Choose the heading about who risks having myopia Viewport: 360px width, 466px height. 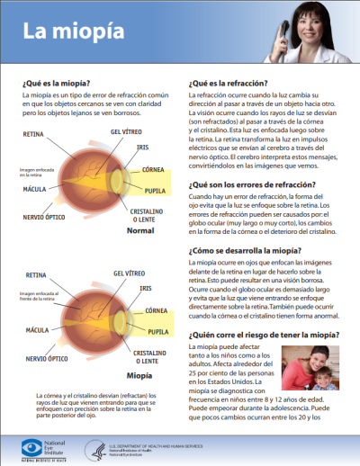(x=260, y=332)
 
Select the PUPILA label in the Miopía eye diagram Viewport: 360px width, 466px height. (x=154, y=331)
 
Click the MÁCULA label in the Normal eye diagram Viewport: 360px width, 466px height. (x=36, y=189)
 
